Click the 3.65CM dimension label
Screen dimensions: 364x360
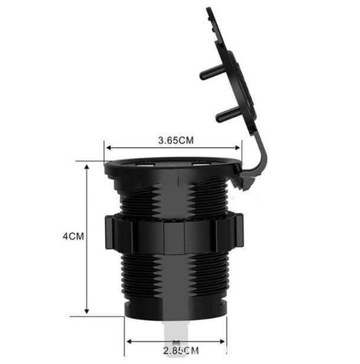tap(176, 141)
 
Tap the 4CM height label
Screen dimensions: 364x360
tap(74, 236)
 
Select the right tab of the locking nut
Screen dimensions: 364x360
tap(238, 233)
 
